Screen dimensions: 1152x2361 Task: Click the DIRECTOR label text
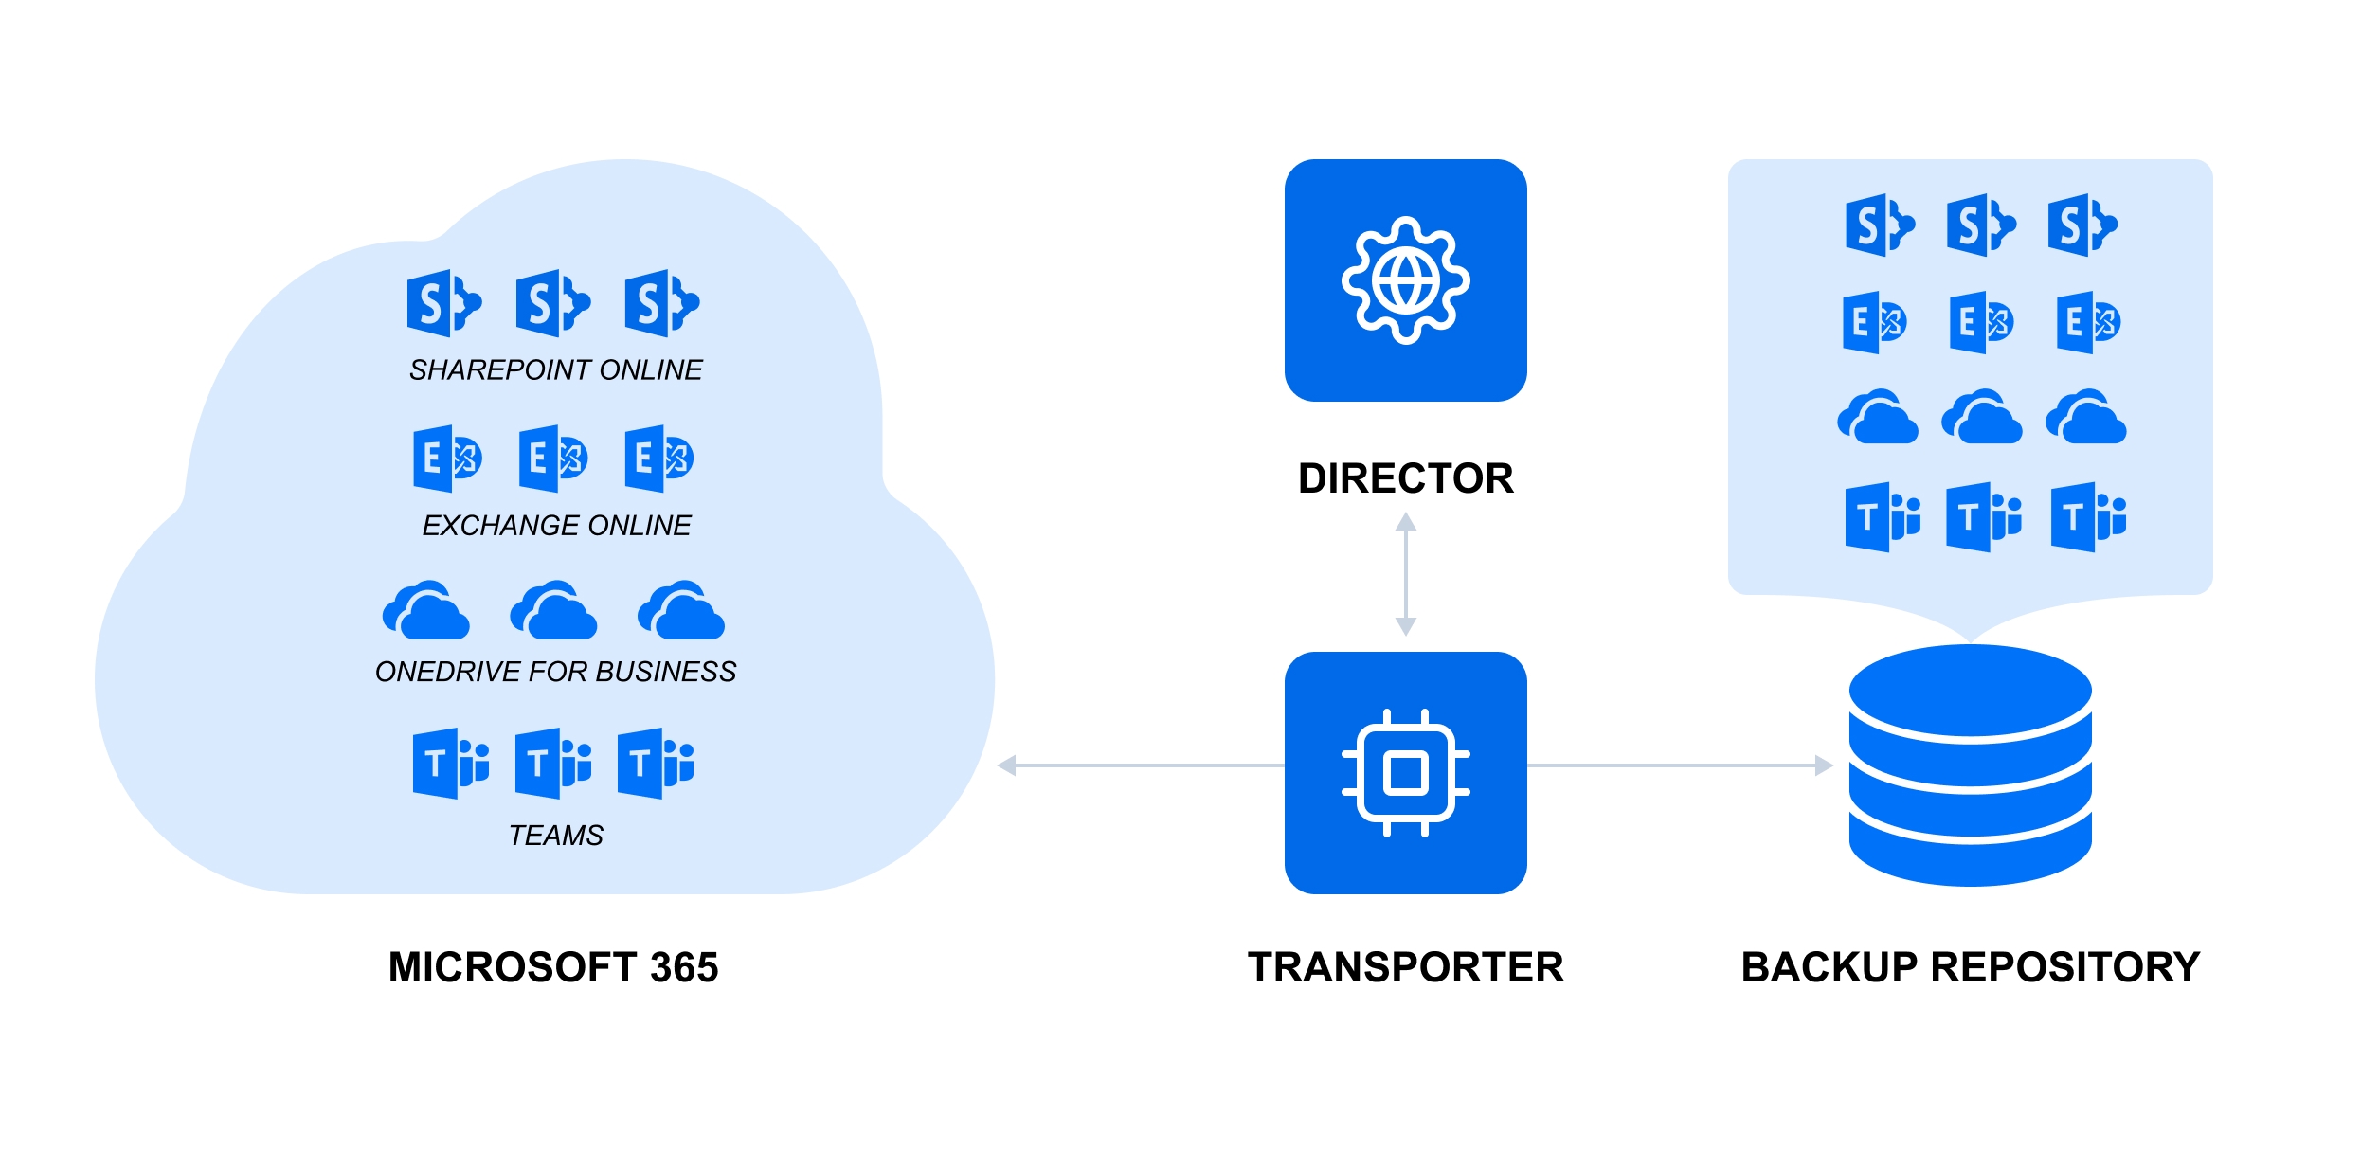point(1405,478)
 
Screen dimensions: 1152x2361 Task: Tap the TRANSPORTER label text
point(1405,967)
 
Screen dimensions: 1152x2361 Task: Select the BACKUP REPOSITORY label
point(1970,967)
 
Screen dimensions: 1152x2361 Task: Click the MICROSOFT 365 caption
point(553,967)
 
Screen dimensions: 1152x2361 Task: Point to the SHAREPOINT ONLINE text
point(555,369)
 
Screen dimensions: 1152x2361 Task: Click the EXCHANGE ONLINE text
point(556,525)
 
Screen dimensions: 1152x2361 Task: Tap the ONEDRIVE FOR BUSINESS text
point(555,672)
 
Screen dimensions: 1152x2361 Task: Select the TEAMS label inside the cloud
point(555,835)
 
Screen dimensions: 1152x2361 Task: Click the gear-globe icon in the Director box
point(1405,280)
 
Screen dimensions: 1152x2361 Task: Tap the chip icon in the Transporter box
point(1405,772)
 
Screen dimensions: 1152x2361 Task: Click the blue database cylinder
point(1970,765)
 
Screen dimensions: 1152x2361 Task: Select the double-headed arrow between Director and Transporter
point(1405,574)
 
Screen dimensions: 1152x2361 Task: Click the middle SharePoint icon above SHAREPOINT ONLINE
point(552,304)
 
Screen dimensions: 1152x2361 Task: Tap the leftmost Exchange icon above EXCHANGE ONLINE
point(447,459)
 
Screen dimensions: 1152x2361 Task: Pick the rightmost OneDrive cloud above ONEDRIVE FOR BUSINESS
point(680,611)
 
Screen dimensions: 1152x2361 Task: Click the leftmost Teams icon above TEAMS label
point(450,763)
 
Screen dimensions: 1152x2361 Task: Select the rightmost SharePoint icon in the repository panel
point(2082,225)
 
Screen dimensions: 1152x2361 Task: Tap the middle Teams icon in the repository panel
point(1983,517)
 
